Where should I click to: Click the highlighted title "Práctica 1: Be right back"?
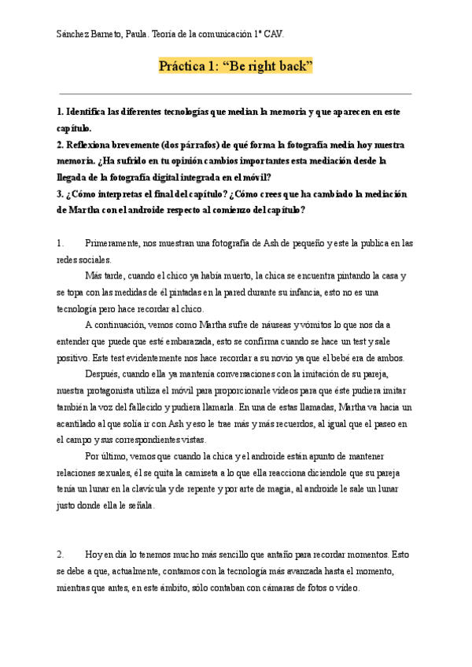point(236,66)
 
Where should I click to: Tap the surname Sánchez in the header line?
point(75,35)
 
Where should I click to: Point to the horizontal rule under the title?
point(236,94)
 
